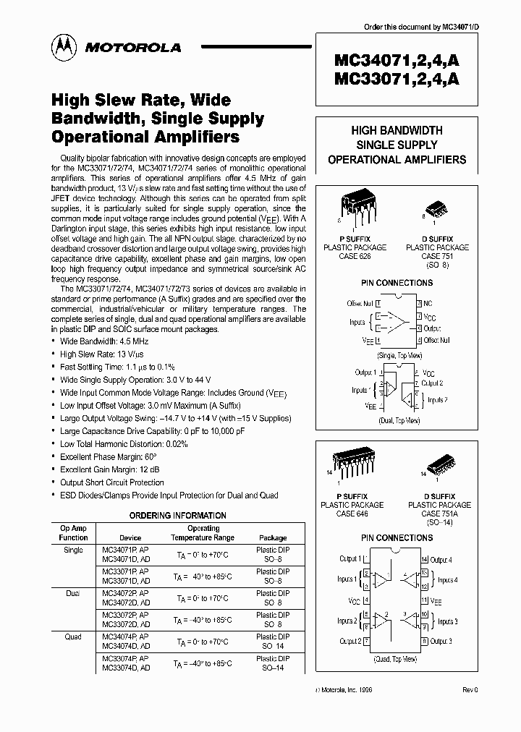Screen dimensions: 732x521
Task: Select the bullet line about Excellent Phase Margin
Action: click(x=109, y=457)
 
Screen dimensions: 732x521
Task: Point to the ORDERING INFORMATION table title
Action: click(x=177, y=516)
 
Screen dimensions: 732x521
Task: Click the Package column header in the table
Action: click(x=272, y=537)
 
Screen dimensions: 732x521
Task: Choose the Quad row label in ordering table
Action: click(x=73, y=637)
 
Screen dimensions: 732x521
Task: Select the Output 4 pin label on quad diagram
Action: click(x=441, y=560)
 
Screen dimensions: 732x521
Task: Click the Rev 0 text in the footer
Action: click(x=470, y=691)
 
